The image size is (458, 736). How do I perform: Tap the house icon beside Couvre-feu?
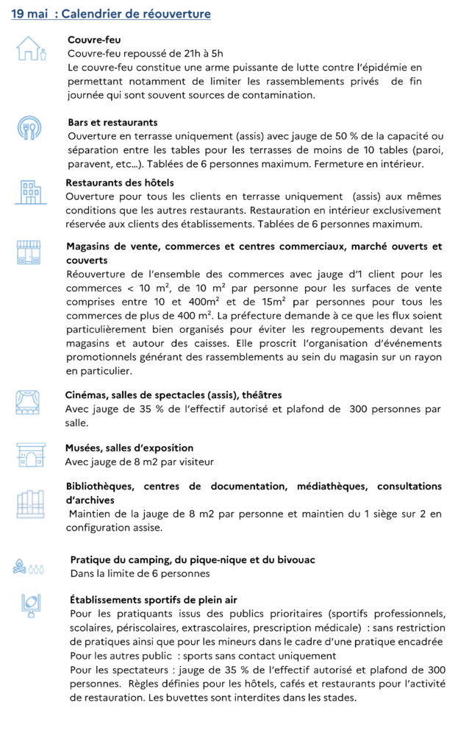30,49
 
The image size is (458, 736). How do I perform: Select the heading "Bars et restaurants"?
112,122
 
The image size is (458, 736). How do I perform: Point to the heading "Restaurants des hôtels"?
120,183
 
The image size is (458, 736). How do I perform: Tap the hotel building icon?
30,191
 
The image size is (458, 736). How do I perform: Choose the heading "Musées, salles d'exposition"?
129,447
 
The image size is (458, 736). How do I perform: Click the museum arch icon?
30,454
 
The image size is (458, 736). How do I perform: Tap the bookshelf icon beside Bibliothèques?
30,504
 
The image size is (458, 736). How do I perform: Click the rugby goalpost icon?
30,605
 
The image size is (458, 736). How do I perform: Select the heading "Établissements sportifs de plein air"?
154,600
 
